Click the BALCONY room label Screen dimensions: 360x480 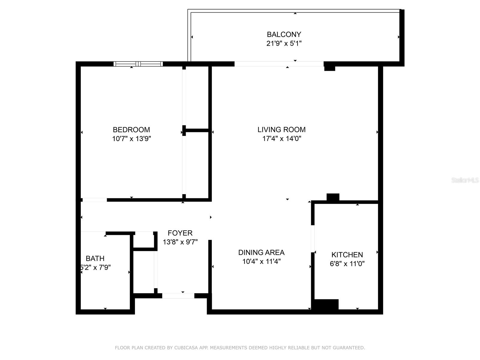(284, 34)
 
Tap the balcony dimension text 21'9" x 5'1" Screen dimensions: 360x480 (284, 43)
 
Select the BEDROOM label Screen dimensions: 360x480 (131, 130)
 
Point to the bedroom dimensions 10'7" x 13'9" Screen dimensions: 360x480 (131, 139)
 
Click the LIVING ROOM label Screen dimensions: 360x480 (281, 130)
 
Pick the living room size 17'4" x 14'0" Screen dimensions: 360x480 (281, 139)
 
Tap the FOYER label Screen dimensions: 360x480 (180, 233)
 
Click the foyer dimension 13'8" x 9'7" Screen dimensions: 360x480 (180, 242)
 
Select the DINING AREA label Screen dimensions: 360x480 (261, 252)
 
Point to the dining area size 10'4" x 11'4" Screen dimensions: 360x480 (261, 261)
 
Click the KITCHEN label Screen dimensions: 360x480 (347, 255)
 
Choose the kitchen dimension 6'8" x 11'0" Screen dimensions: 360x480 (347, 264)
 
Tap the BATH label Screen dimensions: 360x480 (95, 258)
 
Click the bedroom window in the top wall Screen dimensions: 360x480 (138, 64)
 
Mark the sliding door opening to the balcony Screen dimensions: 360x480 (279, 64)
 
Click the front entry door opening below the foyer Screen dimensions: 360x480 (178, 296)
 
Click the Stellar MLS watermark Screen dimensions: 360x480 (465, 180)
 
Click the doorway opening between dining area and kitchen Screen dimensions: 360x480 (313, 239)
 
